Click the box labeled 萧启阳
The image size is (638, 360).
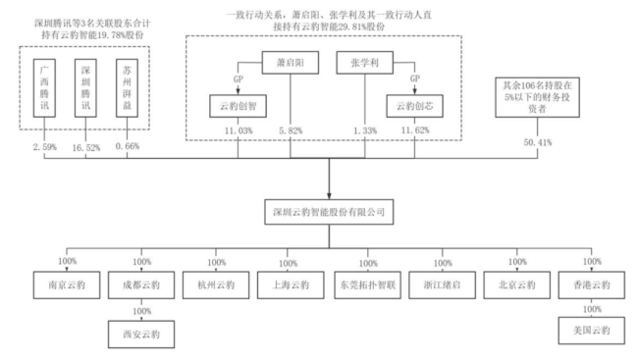tap(291, 63)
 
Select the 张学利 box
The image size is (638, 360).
tap(364, 63)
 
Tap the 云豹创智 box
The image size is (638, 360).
tap(239, 106)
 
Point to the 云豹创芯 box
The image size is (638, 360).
tap(414, 106)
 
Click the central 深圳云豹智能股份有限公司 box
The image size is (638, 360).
tap(329, 212)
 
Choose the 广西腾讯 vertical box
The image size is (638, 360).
tap(44, 88)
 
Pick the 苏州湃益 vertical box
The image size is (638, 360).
tap(127, 88)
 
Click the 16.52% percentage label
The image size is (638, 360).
tap(85, 148)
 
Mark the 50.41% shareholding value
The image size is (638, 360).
tap(538, 142)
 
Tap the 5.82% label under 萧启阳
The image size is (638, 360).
tap(291, 130)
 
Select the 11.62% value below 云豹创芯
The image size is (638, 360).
tap(415, 130)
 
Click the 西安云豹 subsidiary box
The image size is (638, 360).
tap(141, 334)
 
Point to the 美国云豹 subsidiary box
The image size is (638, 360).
tap(592, 331)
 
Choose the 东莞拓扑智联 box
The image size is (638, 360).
tap(367, 285)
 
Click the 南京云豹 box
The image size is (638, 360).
tap(67, 285)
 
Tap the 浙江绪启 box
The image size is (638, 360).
tap(442, 285)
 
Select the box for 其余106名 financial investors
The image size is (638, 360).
tap(537, 97)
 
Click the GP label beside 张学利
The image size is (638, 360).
tap(415, 78)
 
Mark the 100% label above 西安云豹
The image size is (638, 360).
tap(142, 311)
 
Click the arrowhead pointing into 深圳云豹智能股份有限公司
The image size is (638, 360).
tap(329, 196)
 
